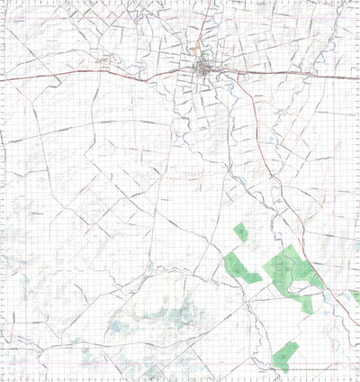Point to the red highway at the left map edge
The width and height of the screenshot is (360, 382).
(2, 81)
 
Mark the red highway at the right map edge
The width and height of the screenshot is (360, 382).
(357, 77)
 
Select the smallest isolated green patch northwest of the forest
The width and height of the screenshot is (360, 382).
(241, 232)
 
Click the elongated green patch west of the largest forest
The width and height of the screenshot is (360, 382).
(240, 269)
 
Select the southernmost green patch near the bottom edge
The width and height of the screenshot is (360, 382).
(285, 354)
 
